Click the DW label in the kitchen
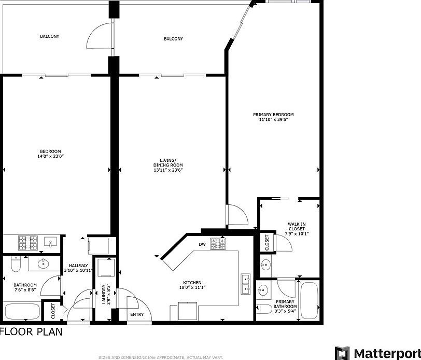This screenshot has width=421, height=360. coord(202,244)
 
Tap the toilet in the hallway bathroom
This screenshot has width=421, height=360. coord(15,266)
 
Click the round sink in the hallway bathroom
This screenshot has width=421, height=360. coord(43,264)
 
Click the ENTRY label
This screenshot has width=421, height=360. coord(137,314)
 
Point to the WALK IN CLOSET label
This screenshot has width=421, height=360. coord(297,228)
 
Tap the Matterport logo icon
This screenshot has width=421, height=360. coord(342,353)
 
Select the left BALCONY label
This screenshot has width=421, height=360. coord(50,36)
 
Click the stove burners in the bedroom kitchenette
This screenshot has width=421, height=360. coord(26,241)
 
